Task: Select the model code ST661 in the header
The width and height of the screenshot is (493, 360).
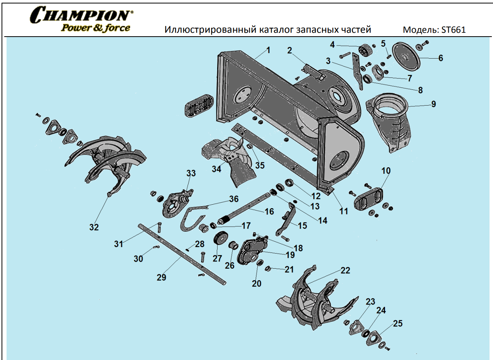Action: click(455, 30)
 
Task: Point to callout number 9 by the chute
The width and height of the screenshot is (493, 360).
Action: click(433, 104)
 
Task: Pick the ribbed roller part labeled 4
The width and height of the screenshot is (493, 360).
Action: click(364, 50)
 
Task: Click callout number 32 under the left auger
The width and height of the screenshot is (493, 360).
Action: click(94, 227)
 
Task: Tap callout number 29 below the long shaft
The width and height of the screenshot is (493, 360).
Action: click(161, 277)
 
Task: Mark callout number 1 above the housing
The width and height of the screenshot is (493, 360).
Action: click(268, 50)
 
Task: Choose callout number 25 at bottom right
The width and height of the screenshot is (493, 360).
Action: click(397, 323)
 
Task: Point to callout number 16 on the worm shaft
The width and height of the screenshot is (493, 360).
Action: click(269, 212)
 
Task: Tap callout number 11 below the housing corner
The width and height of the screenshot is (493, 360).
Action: click(343, 211)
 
